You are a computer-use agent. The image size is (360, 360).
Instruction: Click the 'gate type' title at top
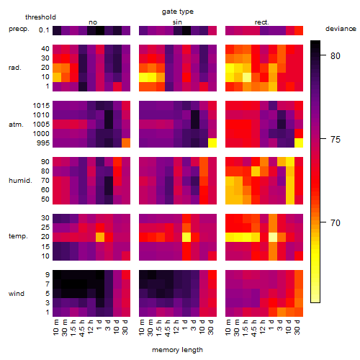pyautogui.click(x=178, y=12)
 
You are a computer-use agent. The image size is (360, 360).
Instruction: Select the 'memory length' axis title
pyautogui.click(x=177, y=350)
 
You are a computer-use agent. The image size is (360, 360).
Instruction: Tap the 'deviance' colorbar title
pyautogui.click(x=341, y=29)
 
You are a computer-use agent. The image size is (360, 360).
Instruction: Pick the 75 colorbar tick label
pyautogui.click(x=336, y=139)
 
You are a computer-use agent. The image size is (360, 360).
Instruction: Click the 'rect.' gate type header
pyautogui.click(x=261, y=22)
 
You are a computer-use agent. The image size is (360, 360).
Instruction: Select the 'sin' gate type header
pyautogui.click(x=177, y=22)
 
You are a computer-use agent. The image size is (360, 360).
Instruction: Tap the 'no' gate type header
pyautogui.click(x=93, y=22)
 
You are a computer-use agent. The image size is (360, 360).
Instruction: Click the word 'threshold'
pyautogui.click(x=40, y=17)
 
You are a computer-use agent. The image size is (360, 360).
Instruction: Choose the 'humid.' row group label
pyautogui.click(x=20, y=181)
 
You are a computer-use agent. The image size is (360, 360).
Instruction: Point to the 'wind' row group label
pyautogui.click(x=17, y=294)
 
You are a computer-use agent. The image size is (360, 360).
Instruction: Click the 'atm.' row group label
pyautogui.click(x=16, y=125)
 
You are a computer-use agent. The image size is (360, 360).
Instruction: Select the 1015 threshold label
pyautogui.click(x=41, y=106)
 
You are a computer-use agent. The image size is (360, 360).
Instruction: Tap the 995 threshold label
pyautogui.click(x=43, y=143)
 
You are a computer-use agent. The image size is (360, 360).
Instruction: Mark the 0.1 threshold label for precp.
pyautogui.click(x=44, y=30)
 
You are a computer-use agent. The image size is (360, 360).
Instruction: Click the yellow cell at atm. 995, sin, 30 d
pyautogui.click(x=212, y=143)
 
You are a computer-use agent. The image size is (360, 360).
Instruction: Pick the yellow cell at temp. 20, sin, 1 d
pyautogui.click(x=186, y=237)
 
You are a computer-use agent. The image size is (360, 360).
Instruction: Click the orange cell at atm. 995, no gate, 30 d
pyautogui.click(x=126, y=143)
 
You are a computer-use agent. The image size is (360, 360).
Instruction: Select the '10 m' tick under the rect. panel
pyautogui.click(x=228, y=328)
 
